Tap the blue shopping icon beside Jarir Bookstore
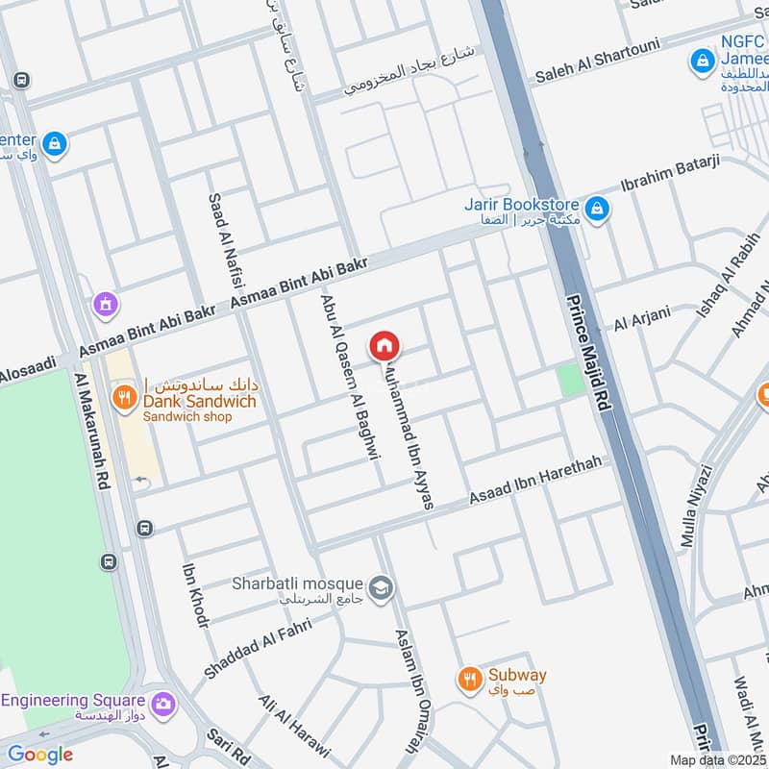(x=597, y=208)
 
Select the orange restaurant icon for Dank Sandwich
(x=123, y=396)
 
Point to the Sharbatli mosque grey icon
(x=381, y=586)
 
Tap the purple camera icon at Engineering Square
(x=163, y=704)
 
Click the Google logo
(x=40, y=755)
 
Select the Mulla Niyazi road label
(x=696, y=507)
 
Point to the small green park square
(x=571, y=379)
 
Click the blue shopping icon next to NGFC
(x=703, y=62)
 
